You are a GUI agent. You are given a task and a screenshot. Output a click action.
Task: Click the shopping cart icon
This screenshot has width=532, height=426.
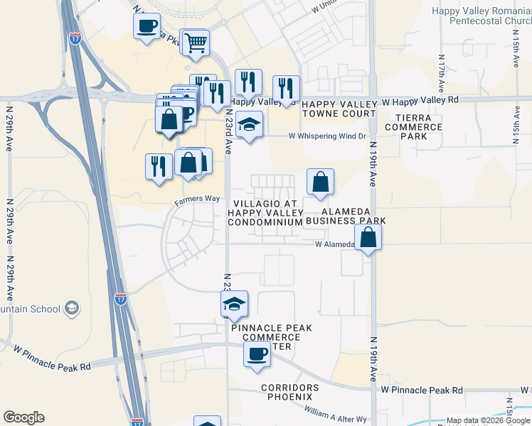196,43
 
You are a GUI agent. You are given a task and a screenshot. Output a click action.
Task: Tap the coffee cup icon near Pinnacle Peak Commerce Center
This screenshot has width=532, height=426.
257,354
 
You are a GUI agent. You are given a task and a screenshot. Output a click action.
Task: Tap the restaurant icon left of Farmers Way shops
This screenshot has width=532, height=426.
158,166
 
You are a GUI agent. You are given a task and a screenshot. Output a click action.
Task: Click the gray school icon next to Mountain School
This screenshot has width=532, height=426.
71,308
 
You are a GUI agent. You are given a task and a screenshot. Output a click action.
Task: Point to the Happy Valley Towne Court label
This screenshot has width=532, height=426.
339,109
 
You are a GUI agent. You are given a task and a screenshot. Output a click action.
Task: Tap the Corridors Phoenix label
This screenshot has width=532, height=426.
277,391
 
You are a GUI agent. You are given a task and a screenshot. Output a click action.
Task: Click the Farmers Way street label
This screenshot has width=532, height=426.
197,200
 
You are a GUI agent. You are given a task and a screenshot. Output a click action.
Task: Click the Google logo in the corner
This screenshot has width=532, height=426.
23,417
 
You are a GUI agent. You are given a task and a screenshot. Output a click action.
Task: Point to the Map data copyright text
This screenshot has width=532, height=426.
488,421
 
